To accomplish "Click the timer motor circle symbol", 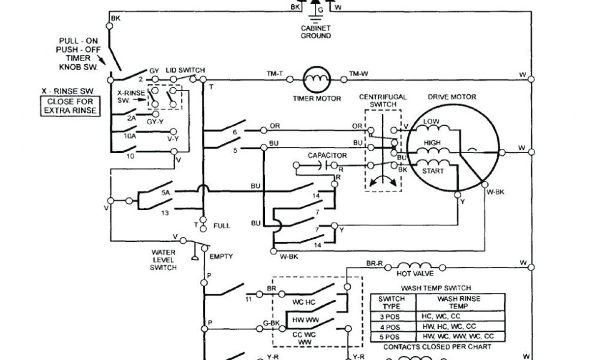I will coord(315,77).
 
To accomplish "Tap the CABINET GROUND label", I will coord(315,32).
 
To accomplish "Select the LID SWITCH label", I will coord(185,70).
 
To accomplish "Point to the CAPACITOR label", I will coord(327,155).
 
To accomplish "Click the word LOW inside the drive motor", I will coord(432,122).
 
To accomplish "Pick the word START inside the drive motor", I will coord(434,171).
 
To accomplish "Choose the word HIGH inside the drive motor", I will coord(432,143).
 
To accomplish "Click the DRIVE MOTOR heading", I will coord(452,97).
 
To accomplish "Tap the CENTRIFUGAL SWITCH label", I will coord(383,100).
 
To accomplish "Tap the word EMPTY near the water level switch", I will coord(221,256).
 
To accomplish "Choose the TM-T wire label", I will coord(275,73).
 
